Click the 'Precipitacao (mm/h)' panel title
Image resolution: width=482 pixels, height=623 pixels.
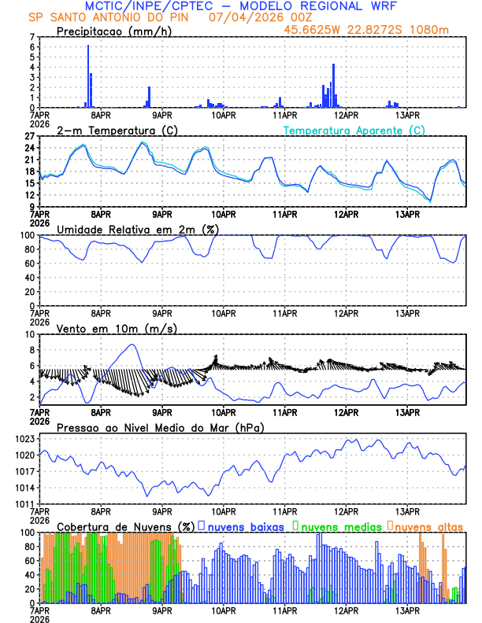coord(114,31)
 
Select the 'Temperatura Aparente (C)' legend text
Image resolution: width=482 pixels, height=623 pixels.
coord(354,130)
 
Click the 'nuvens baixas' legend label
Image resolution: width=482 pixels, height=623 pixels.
coord(244,525)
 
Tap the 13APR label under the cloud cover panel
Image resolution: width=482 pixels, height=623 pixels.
coord(406,610)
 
